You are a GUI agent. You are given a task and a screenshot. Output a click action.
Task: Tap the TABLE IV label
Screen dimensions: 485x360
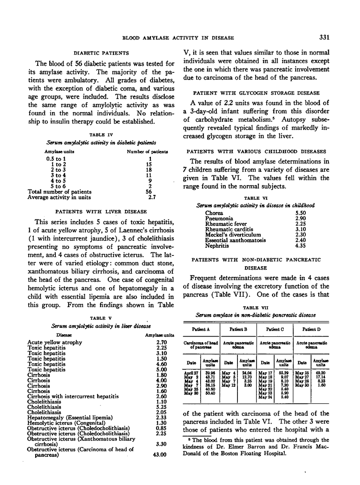(100, 135)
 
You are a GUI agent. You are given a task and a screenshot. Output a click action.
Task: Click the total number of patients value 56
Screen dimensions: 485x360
(148, 192)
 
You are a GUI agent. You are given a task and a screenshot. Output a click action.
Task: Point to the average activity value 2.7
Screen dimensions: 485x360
(152, 198)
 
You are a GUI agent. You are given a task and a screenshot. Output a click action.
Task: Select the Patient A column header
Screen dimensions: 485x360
(202, 329)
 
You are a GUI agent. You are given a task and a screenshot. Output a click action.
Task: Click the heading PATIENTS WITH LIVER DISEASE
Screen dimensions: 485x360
(101, 211)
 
